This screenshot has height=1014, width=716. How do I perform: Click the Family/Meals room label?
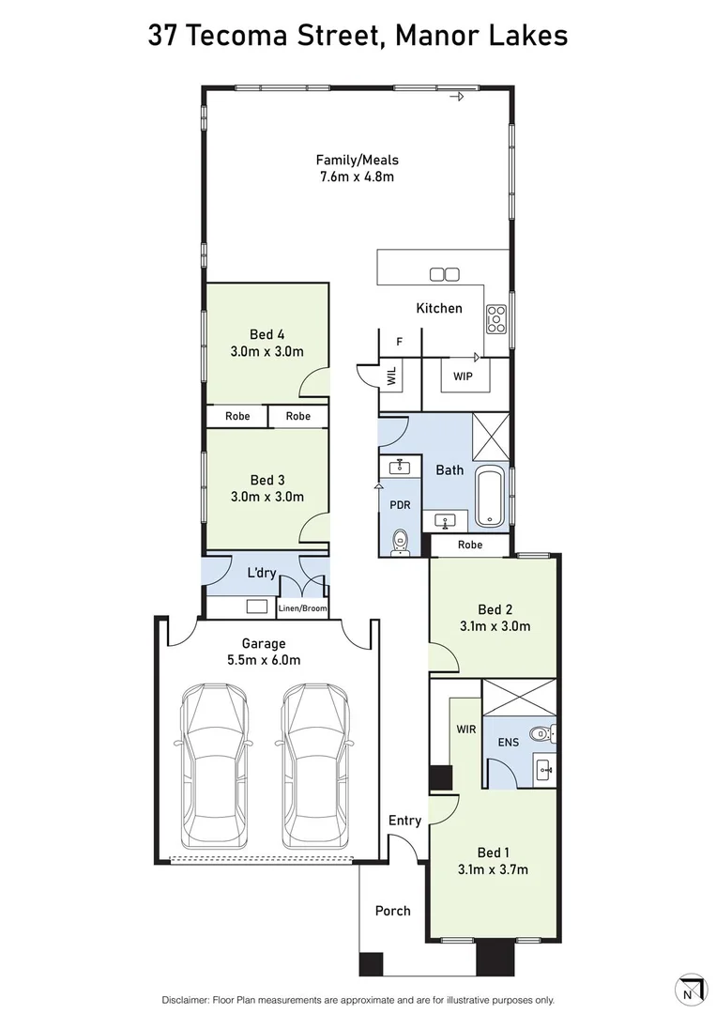(357, 160)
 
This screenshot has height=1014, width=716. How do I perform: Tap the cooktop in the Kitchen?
(496, 319)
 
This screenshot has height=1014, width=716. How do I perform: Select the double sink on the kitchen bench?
(445, 274)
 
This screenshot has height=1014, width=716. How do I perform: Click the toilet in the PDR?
(401, 542)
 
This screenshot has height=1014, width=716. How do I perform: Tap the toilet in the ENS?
(541, 733)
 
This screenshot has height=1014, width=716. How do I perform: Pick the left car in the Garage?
(214, 766)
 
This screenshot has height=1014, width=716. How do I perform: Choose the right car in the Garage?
(314, 766)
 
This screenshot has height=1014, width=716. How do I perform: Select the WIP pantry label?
(463, 376)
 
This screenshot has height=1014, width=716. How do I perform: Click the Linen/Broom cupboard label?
(302, 607)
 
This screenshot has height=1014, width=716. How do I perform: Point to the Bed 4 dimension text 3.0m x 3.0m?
(267, 351)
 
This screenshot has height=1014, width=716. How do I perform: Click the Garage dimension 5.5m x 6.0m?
(264, 660)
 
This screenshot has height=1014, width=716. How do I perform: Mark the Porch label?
(393, 911)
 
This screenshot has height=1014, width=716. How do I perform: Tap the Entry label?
(404, 821)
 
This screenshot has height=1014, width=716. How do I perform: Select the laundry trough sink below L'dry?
(257, 607)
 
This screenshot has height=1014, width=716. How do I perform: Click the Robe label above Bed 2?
(470, 545)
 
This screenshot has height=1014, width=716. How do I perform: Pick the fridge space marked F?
(400, 342)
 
